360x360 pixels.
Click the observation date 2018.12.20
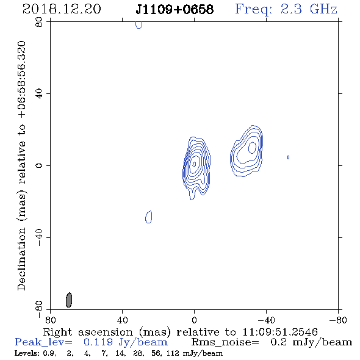[62, 9]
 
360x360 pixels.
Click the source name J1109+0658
[175, 10]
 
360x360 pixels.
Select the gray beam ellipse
[69, 300]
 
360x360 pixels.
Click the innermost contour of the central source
[194, 164]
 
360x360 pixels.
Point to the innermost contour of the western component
[252, 148]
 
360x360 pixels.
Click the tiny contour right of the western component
[289, 157]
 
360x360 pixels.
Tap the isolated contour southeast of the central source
[148, 217]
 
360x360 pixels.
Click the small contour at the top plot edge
[139, 25]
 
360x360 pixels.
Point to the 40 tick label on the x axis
[122, 320]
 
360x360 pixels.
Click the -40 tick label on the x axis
[266, 320]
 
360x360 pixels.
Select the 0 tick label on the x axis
[194, 320]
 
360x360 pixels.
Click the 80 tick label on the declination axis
[39, 22]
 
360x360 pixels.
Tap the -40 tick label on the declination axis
[39, 237]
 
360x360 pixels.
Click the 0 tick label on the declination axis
[39, 165]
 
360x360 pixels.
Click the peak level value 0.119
[98, 342]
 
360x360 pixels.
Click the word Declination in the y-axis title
[21, 259]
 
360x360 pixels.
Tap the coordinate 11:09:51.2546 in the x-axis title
[280, 332]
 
